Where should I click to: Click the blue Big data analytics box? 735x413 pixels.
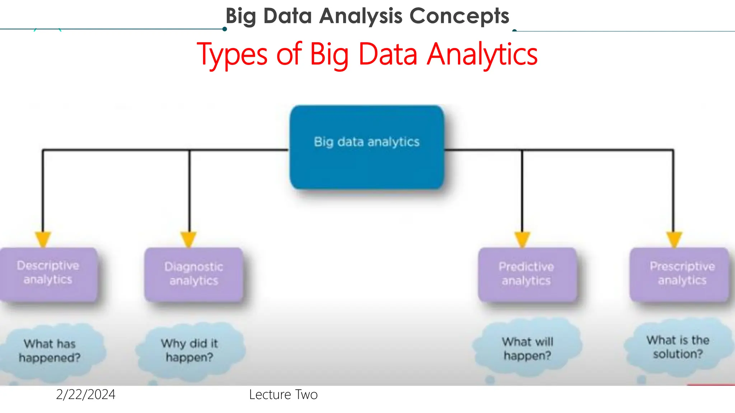coord(367,147)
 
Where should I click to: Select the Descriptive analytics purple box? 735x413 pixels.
coord(48,274)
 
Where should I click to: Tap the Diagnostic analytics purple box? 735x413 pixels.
coord(194,275)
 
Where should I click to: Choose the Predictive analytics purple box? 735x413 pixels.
coord(527,275)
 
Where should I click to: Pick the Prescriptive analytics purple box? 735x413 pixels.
coord(680,274)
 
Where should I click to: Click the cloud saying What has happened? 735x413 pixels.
coord(50,351)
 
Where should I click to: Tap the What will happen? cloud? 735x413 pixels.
coord(528,348)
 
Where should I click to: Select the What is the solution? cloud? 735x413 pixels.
coord(678,347)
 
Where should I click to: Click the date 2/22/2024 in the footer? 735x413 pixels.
coord(86,395)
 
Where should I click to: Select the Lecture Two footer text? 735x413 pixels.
coord(283,395)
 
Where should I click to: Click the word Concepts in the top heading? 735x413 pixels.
coord(459,16)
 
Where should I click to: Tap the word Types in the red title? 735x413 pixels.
coord(232,54)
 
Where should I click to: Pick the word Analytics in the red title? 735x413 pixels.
coord(482,54)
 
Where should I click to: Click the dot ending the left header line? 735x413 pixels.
coord(225,29)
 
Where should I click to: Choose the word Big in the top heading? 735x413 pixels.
coord(241,16)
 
